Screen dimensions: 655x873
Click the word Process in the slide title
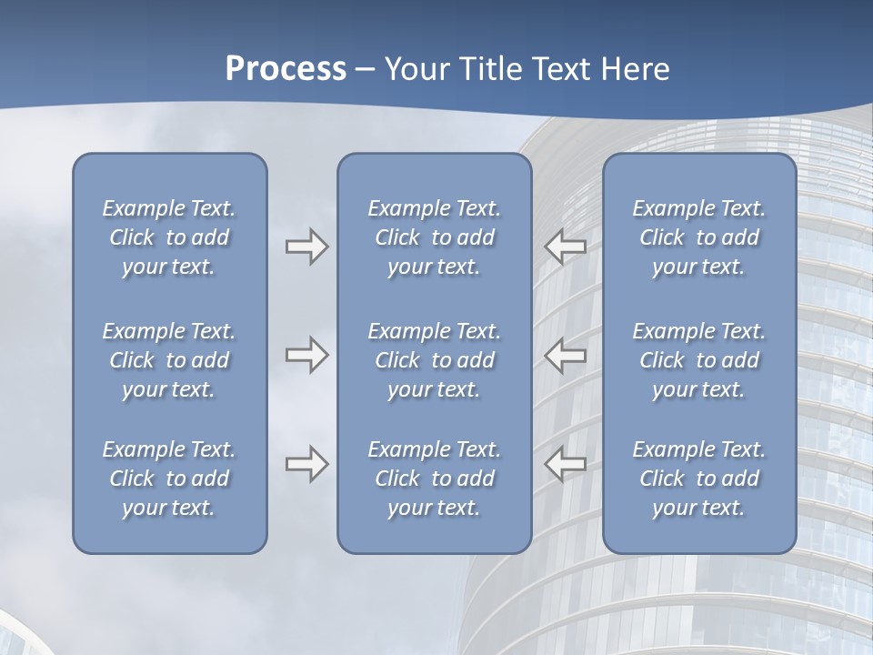click(286, 69)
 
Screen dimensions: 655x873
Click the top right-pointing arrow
click(306, 247)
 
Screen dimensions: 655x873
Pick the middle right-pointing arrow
click(306, 355)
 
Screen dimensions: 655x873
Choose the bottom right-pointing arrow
click(306, 464)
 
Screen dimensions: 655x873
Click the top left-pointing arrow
click(566, 247)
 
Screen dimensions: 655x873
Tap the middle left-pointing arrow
click(566, 355)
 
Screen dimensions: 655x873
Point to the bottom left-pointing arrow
click(566, 464)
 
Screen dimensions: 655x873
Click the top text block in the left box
click(169, 237)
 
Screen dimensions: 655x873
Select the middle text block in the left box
click(169, 360)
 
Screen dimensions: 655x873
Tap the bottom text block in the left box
click(169, 479)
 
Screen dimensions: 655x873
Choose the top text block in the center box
click(435, 237)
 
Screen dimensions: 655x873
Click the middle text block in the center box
click(435, 360)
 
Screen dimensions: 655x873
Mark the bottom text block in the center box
click(435, 479)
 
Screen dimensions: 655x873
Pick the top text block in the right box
click(699, 237)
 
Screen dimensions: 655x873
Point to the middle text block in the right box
click(699, 360)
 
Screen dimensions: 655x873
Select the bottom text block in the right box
click(699, 479)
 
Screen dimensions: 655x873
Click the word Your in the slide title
click(415, 69)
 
